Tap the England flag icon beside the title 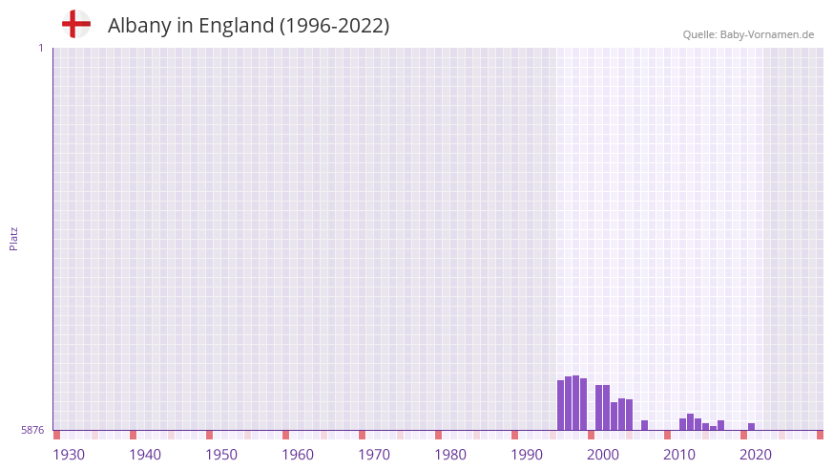(75, 24)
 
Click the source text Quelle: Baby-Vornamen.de (748, 34)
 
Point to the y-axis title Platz (13, 238)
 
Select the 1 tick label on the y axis (40, 48)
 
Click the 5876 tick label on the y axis (32, 431)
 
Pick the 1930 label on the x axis (69, 455)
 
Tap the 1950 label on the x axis (221, 455)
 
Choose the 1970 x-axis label (374, 455)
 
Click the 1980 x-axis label (450, 455)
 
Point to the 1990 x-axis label (527, 455)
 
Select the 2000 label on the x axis (603, 455)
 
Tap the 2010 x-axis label (679, 455)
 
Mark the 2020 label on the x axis (756, 455)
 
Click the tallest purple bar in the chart (575, 402)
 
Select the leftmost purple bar (561, 405)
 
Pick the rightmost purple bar (752, 426)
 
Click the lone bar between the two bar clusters (644, 425)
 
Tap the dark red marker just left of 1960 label (285, 435)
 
